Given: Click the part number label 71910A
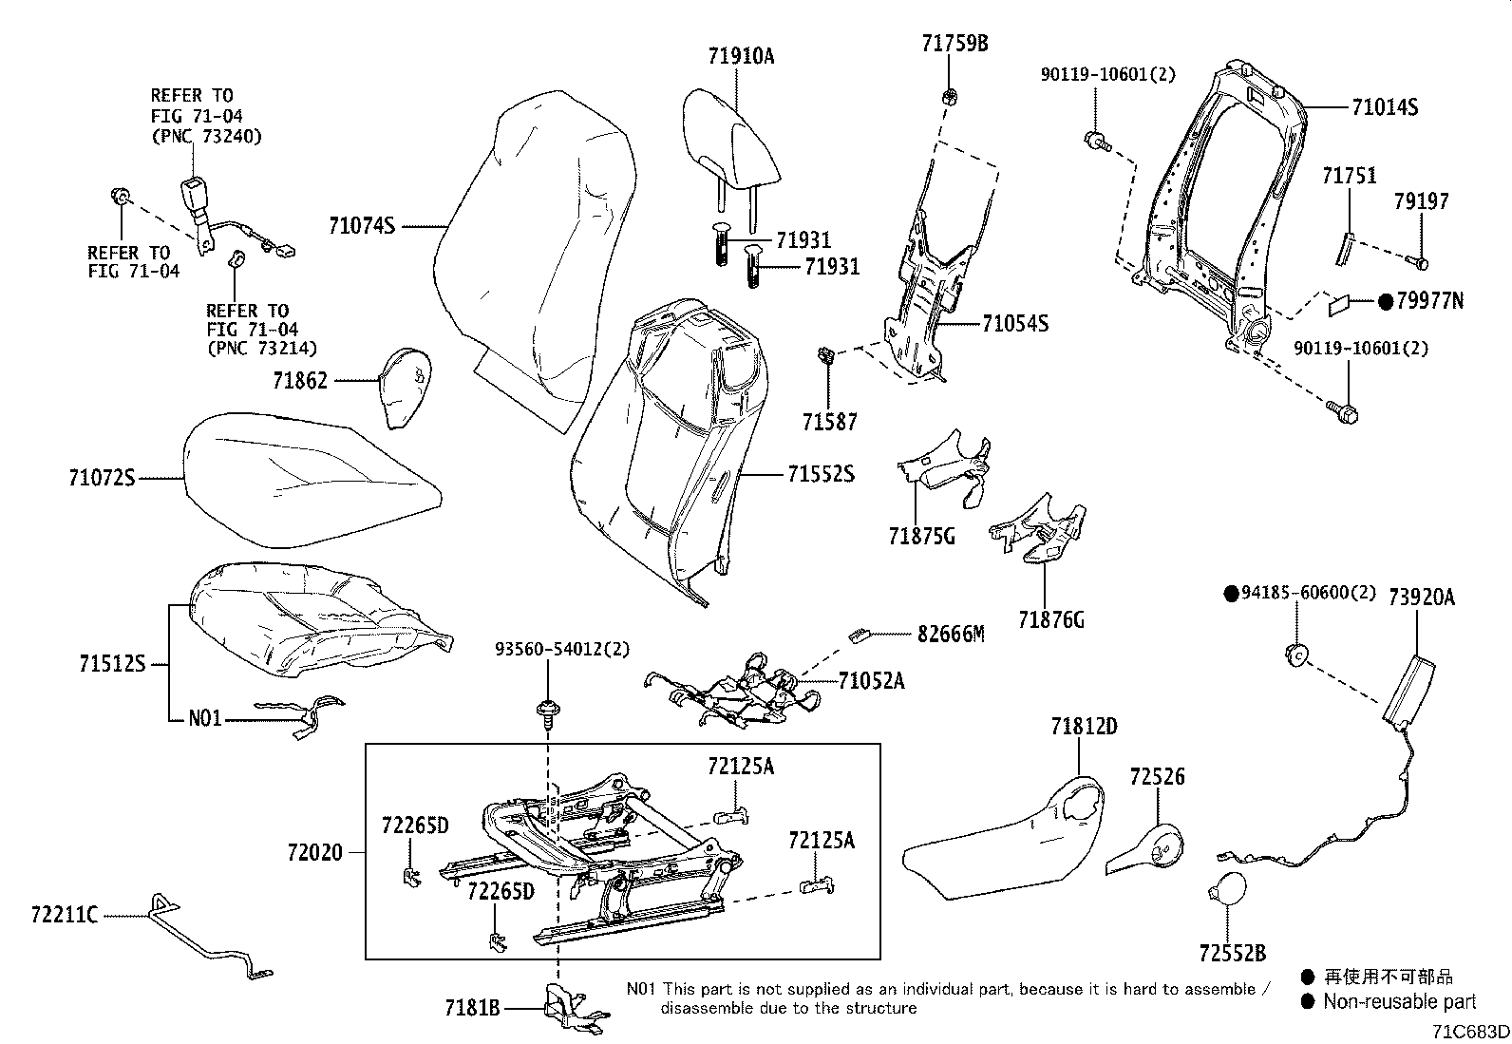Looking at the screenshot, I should [741, 56].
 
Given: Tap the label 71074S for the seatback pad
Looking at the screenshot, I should [362, 226].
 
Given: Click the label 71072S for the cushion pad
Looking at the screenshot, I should [102, 478].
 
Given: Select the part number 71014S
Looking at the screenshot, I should [1385, 107].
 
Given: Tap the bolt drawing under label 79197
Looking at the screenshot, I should [1420, 259].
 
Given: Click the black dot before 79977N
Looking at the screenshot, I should [1385, 302].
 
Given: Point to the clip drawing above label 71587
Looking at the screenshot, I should [825, 357].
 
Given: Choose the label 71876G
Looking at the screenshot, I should [1050, 620].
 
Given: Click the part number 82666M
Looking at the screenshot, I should [951, 634].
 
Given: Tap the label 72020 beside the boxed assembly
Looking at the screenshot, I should [314, 853].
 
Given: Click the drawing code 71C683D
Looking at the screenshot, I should [1471, 1032].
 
